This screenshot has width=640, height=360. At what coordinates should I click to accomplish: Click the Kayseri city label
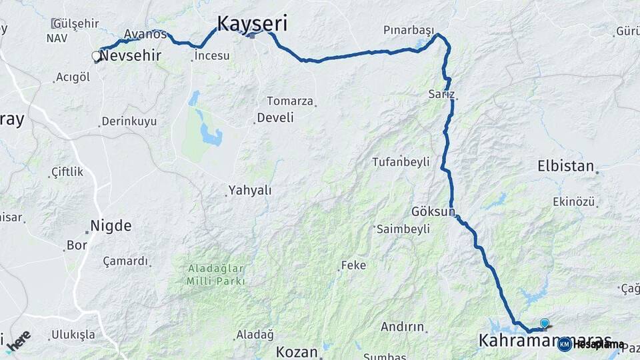(252, 25)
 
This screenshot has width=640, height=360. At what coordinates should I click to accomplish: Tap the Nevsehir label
(131, 55)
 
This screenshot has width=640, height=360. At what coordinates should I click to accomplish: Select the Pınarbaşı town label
(409, 30)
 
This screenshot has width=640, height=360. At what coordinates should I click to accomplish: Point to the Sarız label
(441, 95)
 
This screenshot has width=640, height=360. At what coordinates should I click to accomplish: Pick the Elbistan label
(565, 166)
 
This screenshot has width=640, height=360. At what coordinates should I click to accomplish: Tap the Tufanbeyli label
(401, 161)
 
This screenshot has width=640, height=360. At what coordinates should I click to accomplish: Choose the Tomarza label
(290, 101)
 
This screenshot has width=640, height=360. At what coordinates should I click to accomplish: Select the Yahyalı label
(250, 191)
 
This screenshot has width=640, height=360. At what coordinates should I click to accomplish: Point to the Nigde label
(111, 225)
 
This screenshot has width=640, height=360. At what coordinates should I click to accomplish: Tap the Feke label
(353, 265)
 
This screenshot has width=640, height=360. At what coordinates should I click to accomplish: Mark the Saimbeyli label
(403, 229)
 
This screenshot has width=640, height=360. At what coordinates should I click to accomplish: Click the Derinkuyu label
(129, 122)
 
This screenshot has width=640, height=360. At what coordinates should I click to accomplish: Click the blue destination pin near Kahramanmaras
(545, 323)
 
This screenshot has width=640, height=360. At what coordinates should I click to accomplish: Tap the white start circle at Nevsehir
(97, 57)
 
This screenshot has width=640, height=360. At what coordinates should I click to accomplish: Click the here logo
(19, 340)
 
